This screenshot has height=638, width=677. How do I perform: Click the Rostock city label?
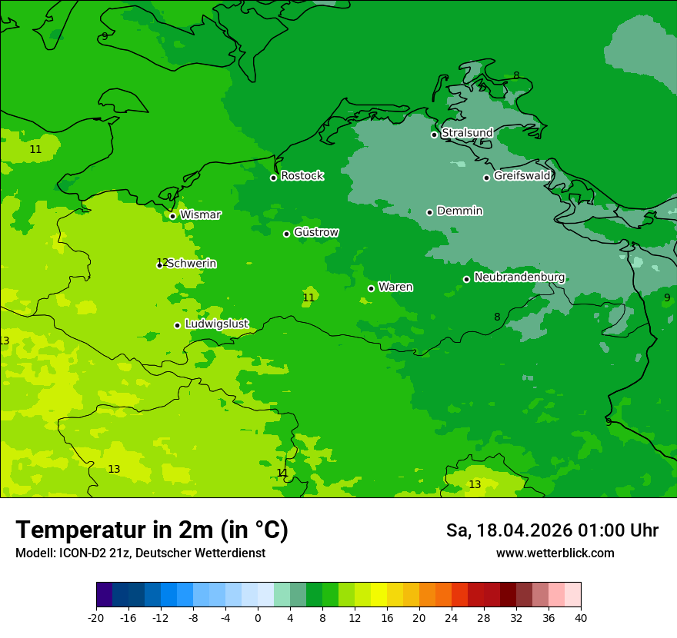302,176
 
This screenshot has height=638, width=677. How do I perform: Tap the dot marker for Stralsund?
434,135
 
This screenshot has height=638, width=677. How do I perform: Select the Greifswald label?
522,176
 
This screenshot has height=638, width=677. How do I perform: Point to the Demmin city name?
459,211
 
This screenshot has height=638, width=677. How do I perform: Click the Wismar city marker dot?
173,216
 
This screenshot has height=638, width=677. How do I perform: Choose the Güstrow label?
315,232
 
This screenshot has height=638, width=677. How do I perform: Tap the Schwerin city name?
192,264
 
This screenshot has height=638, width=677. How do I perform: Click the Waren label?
395,287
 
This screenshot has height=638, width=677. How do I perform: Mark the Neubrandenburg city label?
519,277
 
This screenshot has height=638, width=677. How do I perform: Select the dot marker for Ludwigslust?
177,325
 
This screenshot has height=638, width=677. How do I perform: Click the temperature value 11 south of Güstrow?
308,297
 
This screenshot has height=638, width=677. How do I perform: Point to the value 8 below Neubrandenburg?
497,317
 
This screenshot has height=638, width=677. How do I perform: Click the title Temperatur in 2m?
152,530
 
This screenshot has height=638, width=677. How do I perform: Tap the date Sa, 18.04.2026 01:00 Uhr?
552,530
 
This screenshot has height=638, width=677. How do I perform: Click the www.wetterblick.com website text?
555,553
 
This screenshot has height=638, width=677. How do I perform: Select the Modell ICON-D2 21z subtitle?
140,553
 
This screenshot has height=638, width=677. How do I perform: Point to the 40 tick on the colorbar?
581,617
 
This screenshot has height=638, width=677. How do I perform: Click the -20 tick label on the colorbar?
96,617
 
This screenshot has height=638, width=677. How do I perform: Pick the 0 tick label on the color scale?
258,617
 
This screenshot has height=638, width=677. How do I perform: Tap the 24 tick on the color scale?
452,617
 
